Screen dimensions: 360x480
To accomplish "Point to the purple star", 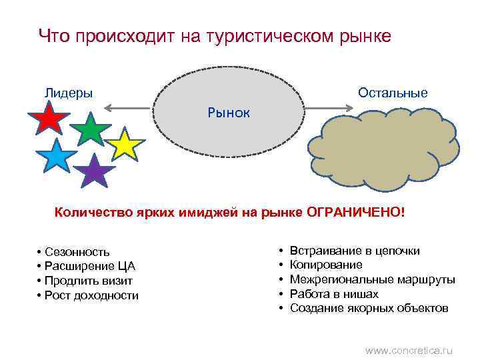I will pyautogui.click(x=95, y=172).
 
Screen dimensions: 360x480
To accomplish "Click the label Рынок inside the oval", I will pyautogui.click(x=229, y=113).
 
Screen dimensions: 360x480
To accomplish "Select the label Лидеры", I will pyautogui.click(x=68, y=93).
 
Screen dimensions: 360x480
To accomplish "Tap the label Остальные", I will pyautogui.click(x=393, y=93).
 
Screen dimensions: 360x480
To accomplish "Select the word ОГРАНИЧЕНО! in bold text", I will pyautogui.click(x=355, y=212).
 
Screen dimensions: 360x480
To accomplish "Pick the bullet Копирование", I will pyautogui.click(x=326, y=265).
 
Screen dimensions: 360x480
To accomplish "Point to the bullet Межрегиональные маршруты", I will pyautogui.click(x=372, y=279).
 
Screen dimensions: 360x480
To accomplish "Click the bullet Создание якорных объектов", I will pyautogui.click(x=369, y=308).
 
